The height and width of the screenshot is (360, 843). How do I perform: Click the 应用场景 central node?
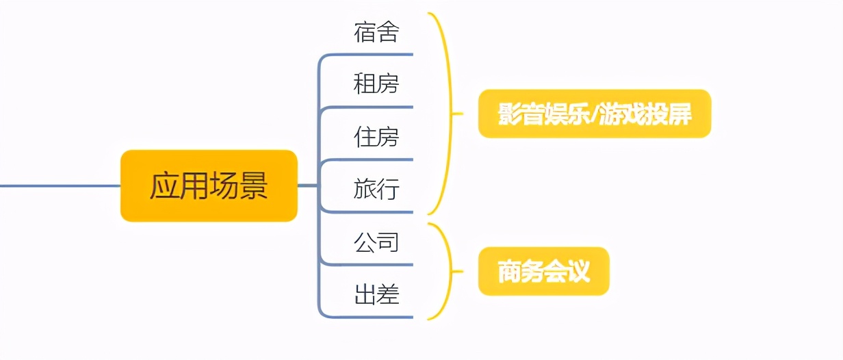coord(209,185)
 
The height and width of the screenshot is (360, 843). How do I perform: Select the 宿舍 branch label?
coord(376,32)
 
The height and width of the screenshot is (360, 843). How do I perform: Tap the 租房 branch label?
coord(376,84)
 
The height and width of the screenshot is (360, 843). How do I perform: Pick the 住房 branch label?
coord(376,137)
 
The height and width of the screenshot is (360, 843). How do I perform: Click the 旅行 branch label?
coord(376,190)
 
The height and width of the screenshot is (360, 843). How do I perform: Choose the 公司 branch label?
coord(376,242)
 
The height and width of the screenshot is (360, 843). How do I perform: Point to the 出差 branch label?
coord(376,295)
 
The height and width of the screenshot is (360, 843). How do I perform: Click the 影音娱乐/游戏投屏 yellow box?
coord(594,114)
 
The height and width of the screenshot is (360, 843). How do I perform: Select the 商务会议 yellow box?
coord(543,272)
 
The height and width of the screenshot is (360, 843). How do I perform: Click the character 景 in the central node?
coord(253,186)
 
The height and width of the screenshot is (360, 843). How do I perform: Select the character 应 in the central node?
coord(164,186)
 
